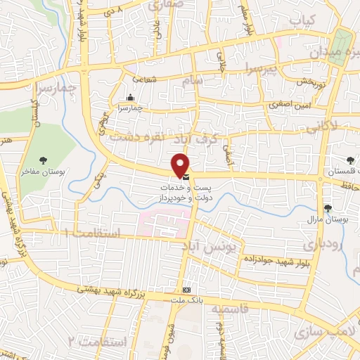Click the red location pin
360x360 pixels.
click(181, 164)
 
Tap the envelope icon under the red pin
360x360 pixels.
click(185, 178)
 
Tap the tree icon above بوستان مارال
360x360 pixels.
click(328, 208)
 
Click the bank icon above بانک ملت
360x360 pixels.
click(186, 290)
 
